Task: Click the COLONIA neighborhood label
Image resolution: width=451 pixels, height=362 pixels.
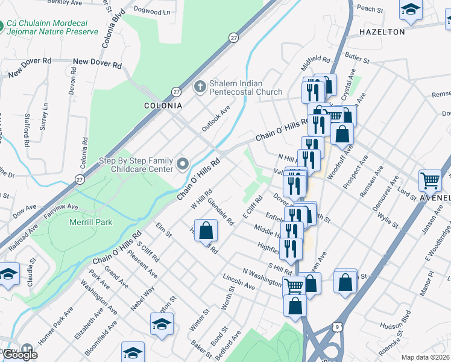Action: (162, 105)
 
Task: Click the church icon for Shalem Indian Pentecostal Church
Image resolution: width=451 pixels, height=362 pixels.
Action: (200, 87)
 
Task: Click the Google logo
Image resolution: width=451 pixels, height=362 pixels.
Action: (20, 354)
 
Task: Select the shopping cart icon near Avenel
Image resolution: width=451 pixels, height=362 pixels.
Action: (430, 180)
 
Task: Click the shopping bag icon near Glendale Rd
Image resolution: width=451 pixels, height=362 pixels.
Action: (206, 230)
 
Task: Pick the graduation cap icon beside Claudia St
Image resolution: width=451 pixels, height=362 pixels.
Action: (8, 275)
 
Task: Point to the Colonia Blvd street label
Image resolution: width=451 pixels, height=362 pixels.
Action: (114, 30)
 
